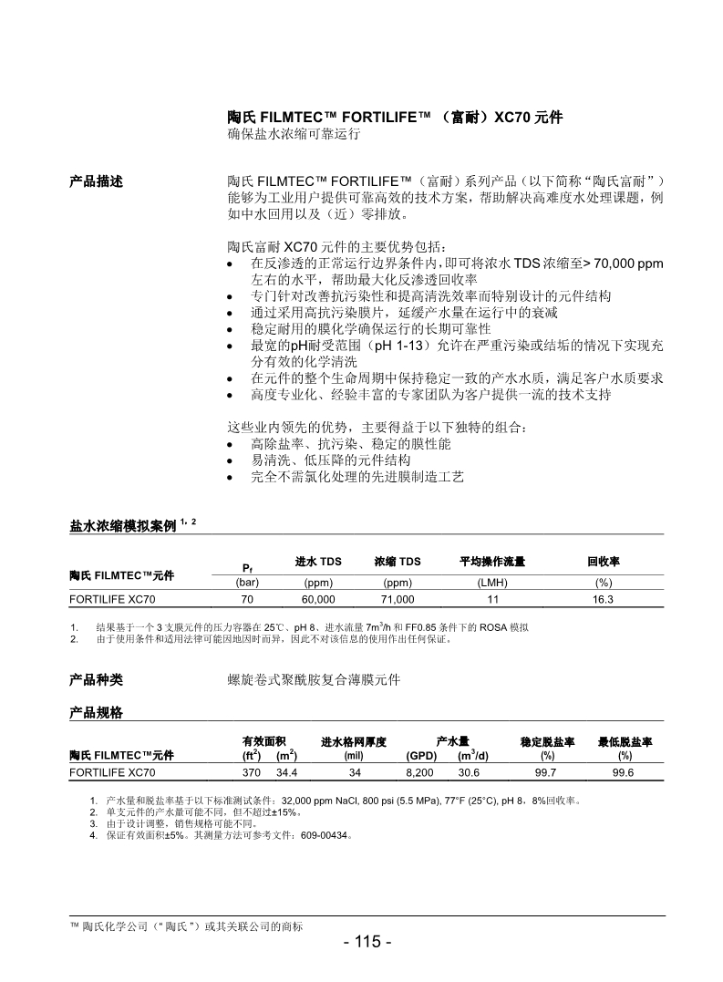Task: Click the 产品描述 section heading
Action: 96,181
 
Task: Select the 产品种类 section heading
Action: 96,679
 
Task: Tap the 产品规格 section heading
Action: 96,713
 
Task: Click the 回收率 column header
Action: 603,562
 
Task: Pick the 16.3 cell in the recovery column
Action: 603,599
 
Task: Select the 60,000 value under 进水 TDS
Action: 318,599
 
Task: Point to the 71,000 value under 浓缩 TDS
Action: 398,599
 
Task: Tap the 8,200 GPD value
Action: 420,772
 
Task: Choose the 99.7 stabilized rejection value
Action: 546,772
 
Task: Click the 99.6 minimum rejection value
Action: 625,772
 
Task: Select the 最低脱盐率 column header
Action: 625,742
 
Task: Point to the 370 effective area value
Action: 252,772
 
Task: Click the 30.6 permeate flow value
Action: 470,772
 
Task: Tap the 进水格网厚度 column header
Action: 354,742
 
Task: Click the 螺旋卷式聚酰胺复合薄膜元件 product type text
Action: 313,679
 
